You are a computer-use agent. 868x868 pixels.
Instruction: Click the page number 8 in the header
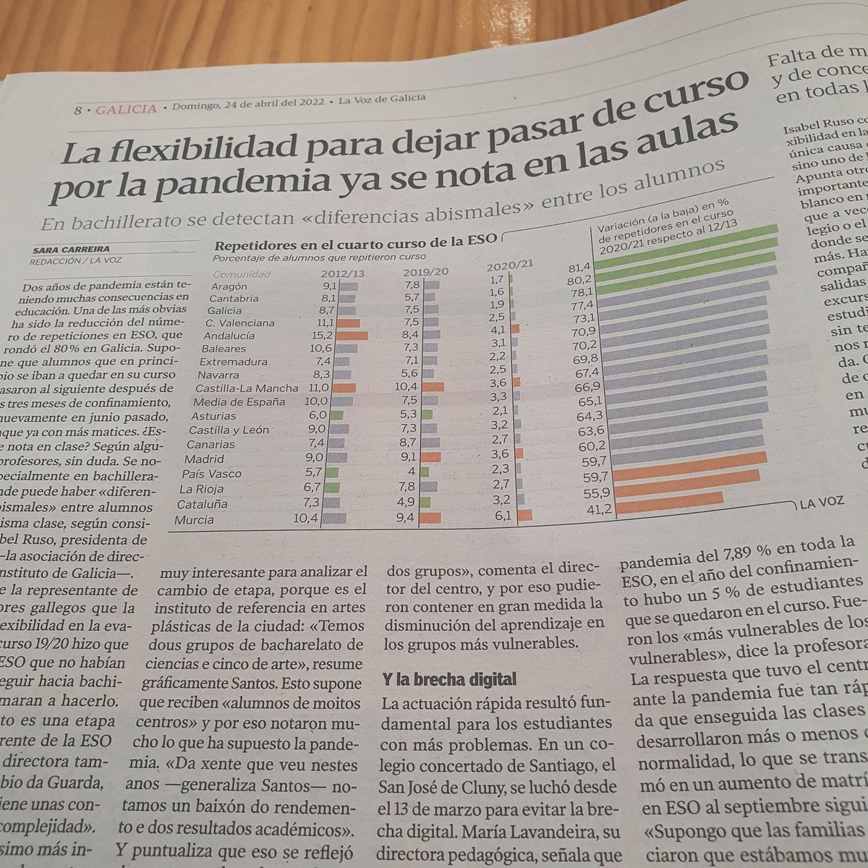78,111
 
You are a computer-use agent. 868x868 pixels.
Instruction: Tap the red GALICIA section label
126,109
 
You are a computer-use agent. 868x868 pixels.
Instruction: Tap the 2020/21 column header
509,265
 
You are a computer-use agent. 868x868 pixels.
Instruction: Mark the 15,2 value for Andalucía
323,336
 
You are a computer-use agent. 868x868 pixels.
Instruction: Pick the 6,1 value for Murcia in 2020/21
503,516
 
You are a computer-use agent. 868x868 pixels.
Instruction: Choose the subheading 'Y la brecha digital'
448,678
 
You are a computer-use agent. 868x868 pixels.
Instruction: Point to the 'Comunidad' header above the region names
241,274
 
